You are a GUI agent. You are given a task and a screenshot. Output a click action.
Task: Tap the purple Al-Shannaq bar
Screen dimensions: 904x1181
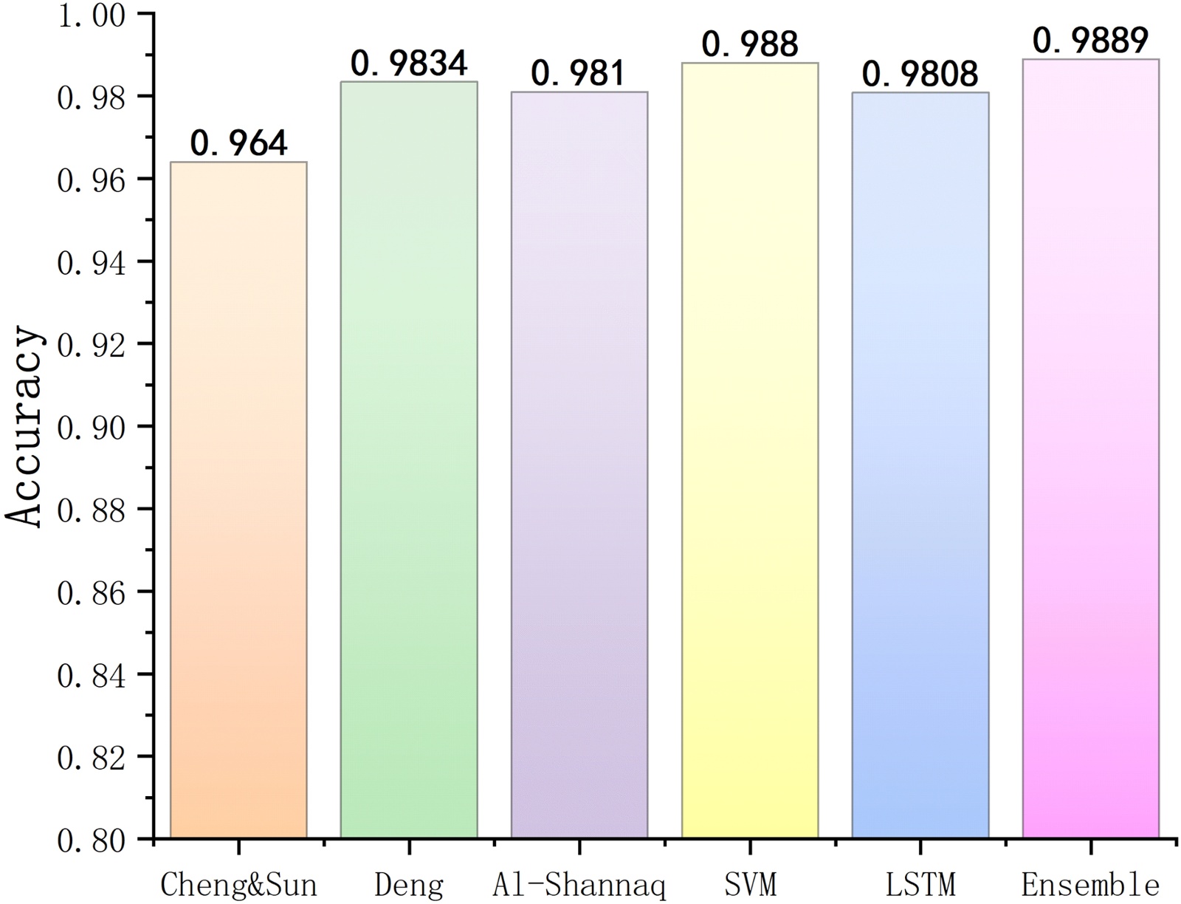[579, 465]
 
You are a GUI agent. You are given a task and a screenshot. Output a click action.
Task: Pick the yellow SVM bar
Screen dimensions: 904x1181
[750, 450]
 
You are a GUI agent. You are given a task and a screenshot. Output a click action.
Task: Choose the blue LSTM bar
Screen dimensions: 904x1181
[920, 465]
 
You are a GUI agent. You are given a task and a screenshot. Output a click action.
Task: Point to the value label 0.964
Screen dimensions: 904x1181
[238, 143]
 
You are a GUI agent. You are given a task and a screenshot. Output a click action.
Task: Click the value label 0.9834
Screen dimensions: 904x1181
[409, 64]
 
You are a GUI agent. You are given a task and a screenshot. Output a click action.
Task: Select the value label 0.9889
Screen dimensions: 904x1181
[1090, 41]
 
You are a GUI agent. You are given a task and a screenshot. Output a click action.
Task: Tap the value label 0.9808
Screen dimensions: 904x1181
[920, 74]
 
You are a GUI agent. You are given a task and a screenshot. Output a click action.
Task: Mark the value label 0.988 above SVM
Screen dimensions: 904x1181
[750, 44]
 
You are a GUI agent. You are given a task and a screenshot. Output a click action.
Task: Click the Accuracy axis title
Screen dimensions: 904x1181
[24, 427]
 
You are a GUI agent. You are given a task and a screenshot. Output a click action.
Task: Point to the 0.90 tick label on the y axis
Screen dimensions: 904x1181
[92, 427]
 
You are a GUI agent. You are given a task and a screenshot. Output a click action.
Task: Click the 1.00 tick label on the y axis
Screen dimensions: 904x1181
[92, 16]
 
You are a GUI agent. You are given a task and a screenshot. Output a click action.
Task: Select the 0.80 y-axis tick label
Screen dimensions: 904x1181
[92, 840]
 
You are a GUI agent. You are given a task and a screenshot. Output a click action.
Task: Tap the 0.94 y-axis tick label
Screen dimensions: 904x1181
[92, 262]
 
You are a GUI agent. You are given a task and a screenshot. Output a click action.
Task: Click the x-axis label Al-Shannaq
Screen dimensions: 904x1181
[579, 884]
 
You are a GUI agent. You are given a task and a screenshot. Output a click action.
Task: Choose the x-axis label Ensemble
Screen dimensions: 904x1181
[1090, 884]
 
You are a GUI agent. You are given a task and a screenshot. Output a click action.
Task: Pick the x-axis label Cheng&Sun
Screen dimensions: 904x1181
[238, 884]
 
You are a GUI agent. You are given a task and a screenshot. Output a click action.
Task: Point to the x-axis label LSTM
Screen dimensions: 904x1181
[920, 884]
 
